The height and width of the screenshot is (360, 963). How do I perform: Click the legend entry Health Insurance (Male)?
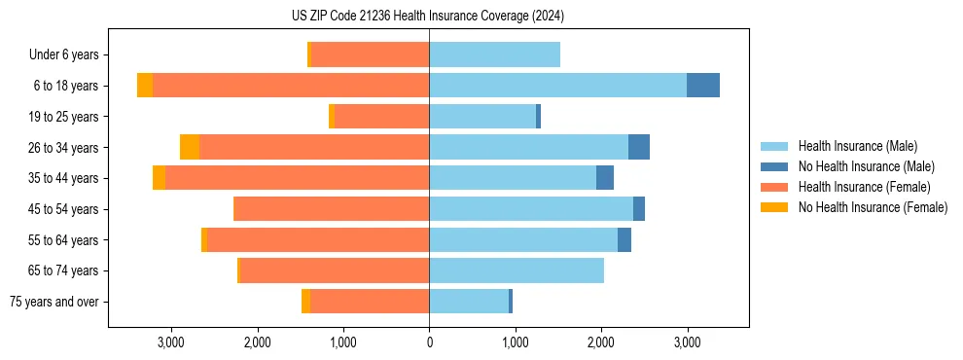coord(857,146)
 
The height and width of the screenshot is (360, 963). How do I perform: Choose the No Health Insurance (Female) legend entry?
coord(873,207)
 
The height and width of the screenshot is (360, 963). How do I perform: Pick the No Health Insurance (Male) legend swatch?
coord(775,166)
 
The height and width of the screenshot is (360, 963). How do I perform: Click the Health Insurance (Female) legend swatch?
coord(775,187)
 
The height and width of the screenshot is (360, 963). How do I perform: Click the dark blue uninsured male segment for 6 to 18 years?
coord(703,86)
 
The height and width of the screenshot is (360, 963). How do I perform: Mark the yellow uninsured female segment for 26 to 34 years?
coord(190,147)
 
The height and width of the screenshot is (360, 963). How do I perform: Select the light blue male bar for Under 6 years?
coord(494,55)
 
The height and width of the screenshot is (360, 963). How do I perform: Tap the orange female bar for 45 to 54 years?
coord(332,209)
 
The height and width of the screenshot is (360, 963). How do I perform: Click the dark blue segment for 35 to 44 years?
coord(605,178)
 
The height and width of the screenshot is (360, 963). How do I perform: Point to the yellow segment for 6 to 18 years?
coord(145,86)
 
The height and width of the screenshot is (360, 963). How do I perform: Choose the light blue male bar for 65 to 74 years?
coord(517,270)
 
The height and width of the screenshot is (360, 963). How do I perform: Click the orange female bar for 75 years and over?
coord(370,302)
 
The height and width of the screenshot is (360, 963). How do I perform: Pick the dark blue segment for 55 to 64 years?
coord(624,240)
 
